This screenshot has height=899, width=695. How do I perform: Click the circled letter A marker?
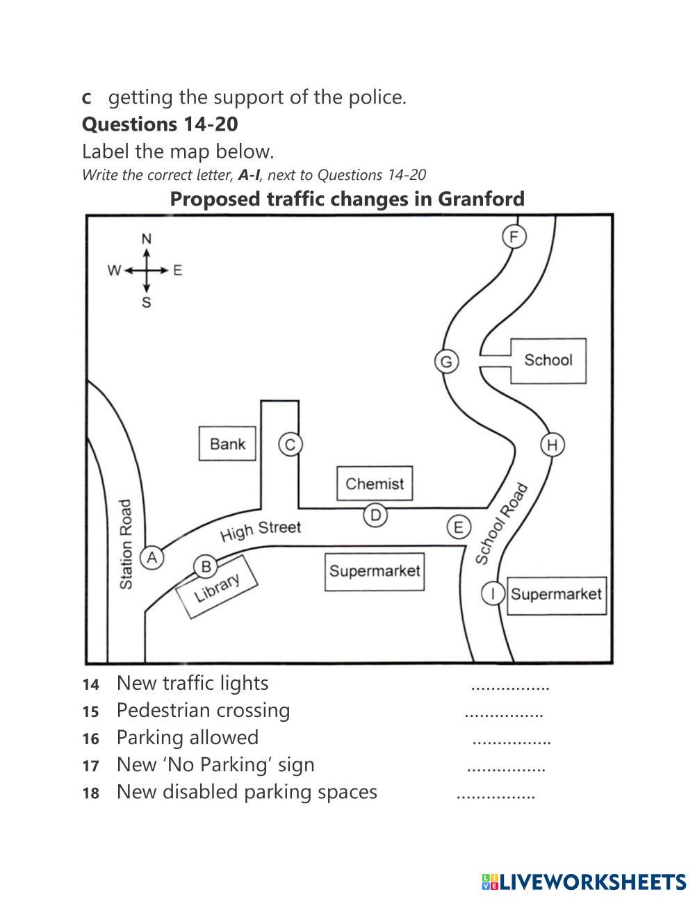coord(152,557)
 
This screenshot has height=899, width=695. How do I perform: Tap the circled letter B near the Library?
coord(206,567)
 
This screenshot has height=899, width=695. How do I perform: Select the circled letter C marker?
coord(291,444)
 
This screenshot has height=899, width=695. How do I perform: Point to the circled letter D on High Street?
coord(375,515)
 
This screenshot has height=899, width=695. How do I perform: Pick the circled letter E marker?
coord(458,527)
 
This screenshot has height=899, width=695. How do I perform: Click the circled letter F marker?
coord(514,237)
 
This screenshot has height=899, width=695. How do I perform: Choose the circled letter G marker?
coord(446,361)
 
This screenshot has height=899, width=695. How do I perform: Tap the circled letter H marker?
coord(553,445)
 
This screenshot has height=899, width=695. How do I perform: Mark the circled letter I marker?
coord(493,593)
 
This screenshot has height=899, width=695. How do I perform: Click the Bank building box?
coord(227,443)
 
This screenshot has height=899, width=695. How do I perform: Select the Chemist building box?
coord(375,484)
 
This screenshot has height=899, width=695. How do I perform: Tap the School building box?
coord(548,360)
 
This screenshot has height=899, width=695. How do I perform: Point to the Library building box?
coord(217,587)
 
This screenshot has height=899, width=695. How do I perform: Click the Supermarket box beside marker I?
coord(556,595)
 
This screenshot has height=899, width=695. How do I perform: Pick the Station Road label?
coord(126,545)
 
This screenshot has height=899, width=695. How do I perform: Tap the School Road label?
coord(502,523)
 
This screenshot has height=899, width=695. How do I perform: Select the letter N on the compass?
coord(147,239)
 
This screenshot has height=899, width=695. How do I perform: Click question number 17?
coord(90,766)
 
